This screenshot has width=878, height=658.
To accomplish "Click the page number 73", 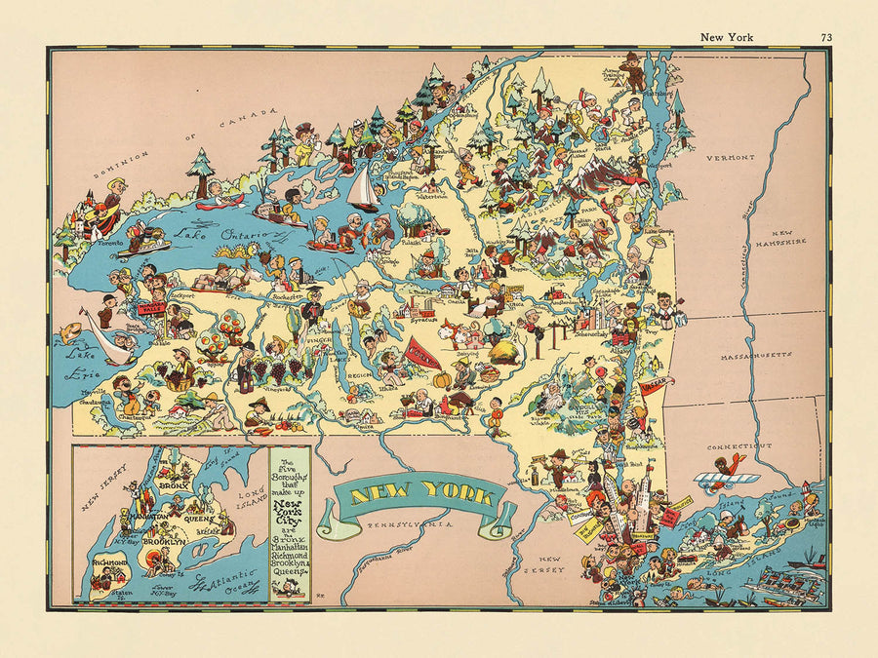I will pos(826,37).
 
